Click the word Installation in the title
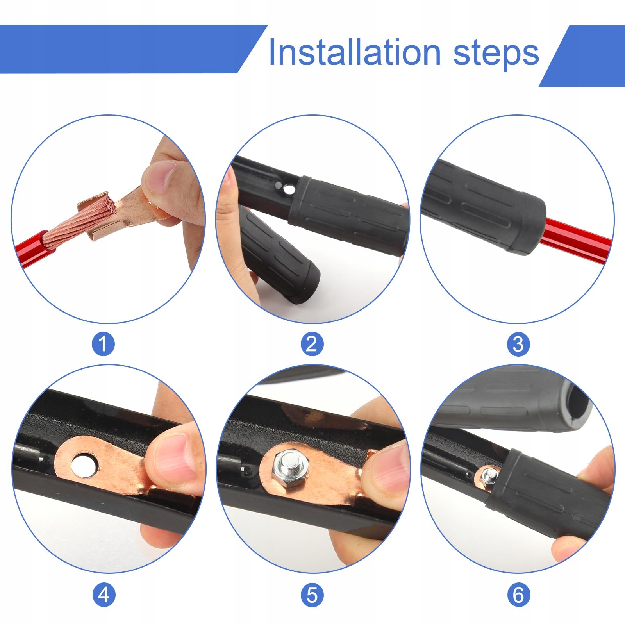click(x=355, y=52)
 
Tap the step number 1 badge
click(x=103, y=344)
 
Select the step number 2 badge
click(x=312, y=344)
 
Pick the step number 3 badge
click(x=518, y=344)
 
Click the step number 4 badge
click(x=103, y=595)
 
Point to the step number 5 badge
click(x=312, y=595)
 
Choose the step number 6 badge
click(x=518, y=595)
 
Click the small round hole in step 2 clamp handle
click(x=289, y=190)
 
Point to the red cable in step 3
click(x=574, y=237)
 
